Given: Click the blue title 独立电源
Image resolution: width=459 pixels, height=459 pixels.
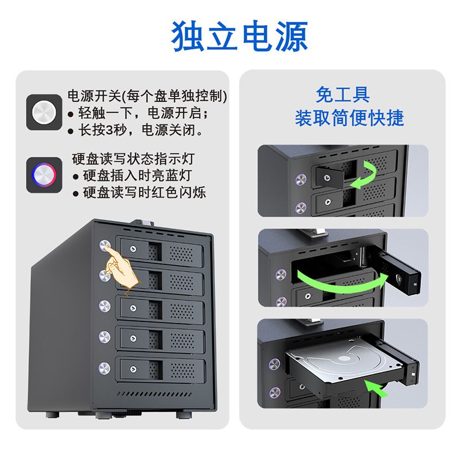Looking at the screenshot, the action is tap(239, 36).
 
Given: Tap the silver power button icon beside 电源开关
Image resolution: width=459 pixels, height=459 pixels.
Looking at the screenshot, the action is tap(44, 112).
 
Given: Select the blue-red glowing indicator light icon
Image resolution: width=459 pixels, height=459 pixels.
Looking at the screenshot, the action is tap(44, 175).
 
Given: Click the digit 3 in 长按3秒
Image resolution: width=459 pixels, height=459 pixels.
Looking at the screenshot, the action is tap(109, 130).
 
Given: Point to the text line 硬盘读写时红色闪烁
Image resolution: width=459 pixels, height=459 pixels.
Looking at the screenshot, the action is tap(141, 192).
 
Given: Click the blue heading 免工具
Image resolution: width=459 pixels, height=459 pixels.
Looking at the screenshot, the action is tap(343, 95).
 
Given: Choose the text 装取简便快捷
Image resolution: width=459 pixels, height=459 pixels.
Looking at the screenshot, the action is tap(349, 118).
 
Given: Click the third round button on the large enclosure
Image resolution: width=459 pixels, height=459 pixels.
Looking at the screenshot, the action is tap(104, 306).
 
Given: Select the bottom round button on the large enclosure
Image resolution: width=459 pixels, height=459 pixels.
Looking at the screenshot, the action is tap(104, 368).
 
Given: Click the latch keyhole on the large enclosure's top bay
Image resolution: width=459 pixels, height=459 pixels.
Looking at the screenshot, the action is tap(133, 249).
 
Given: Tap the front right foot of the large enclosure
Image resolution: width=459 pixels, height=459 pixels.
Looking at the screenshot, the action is tap(184, 414).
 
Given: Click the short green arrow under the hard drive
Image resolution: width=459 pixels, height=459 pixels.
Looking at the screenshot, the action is tap(376, 388).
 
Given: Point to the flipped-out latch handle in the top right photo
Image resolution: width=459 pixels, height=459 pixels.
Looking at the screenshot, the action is tap(329, 177).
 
